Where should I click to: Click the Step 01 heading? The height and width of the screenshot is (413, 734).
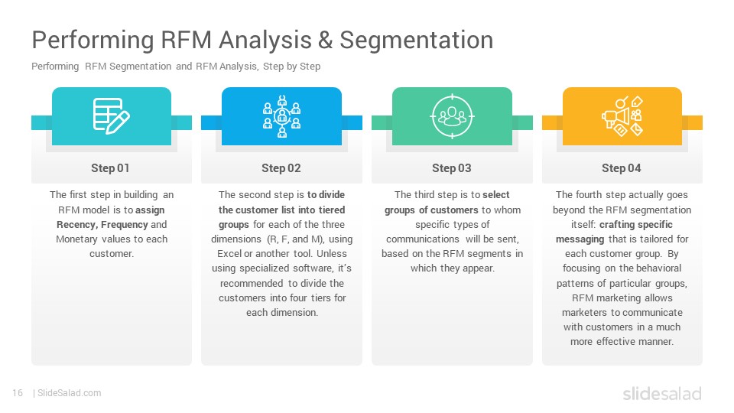click(110, 168)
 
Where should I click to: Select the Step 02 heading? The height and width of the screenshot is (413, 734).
click(281, 168)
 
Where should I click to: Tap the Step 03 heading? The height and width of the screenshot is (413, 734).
click(451, 168)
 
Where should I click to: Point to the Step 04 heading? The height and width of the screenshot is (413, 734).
click(621, 168)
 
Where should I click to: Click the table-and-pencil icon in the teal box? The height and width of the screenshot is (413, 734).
click(112, 115)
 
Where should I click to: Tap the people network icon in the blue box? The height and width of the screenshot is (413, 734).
click(282, 116)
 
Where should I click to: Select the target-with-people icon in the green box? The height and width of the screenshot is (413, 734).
click(452, 116)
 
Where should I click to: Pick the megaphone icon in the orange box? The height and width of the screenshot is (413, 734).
click(622, 116)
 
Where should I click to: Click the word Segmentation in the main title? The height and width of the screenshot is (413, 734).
click(416, 41)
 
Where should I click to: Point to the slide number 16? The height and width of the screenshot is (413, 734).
click(18, 393)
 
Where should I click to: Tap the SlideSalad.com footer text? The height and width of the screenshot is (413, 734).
click(69, 393)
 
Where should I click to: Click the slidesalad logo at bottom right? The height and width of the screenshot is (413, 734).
click(662, 393)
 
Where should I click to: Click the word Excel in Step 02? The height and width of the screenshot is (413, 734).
click(229, 253)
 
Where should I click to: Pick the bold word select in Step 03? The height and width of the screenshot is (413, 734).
click(495, 195)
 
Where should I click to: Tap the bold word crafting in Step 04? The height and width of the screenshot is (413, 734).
click(615, 225)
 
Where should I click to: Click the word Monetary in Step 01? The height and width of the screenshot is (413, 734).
click(76, 239)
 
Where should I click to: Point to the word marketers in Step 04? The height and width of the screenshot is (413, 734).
click(584, 312)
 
